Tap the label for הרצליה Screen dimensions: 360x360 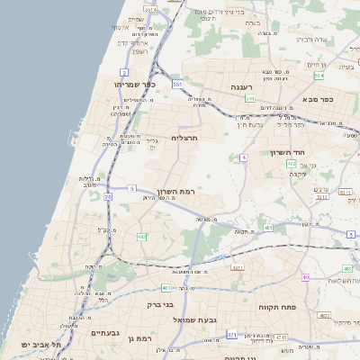(184, 138)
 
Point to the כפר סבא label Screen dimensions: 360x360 (318, 100)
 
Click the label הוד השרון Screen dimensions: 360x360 (289, 152)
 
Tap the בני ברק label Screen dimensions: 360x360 (160, 305)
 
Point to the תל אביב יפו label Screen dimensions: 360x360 (40, 344)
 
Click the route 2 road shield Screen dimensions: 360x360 (124, 71)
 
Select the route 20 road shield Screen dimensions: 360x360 (108, 195)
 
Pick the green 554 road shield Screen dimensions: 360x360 (319, 76)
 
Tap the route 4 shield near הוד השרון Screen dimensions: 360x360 (243, 157)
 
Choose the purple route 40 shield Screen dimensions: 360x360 (305, 277)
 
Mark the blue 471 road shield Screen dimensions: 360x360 (232, 335)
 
